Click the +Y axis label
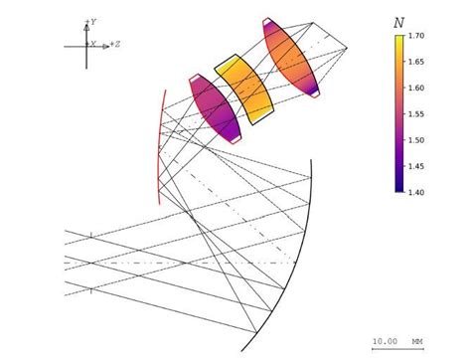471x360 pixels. pos(91,22)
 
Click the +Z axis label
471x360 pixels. pos(115,44)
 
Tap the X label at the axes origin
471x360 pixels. pos(92,44)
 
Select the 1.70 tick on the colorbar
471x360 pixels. pos(416,36)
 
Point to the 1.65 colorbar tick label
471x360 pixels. pos(416,62)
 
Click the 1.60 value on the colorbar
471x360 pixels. pos(416,88)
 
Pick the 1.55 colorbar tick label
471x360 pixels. pos(416,114)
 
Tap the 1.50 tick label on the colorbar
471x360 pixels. pos(416,140)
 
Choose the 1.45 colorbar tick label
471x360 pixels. pos(416,166)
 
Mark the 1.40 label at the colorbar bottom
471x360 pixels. pos(416,192)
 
